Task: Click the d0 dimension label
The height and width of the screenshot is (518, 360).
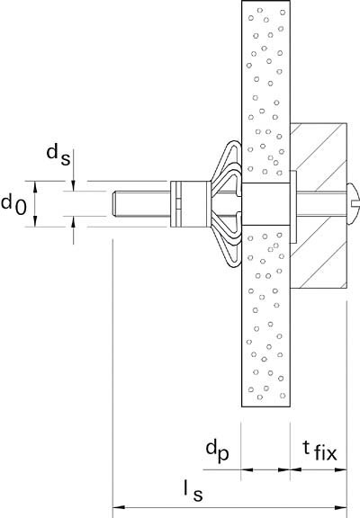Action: coord(13,204)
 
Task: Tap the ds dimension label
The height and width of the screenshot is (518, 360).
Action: coord(58,155)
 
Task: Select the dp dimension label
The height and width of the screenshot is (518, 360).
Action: coord(217,451)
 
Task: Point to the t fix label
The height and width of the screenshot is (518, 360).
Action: coord(319,451)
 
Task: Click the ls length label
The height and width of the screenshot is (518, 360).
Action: coord(193,491)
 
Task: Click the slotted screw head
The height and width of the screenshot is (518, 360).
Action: coord(353,203)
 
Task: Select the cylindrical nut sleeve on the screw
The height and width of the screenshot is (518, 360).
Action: coord(190,204)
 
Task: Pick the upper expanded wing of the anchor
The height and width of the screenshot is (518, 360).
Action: coord(227,165)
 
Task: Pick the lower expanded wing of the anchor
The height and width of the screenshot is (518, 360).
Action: coord(227,243)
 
